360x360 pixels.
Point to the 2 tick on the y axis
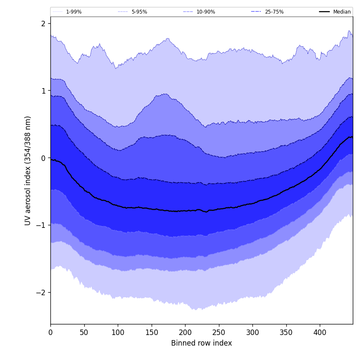(43, 24)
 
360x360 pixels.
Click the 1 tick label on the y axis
(43, 91)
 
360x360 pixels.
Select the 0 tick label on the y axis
(43, 158)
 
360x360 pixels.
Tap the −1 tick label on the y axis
(42, 225)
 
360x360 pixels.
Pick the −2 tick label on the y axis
(42, 293)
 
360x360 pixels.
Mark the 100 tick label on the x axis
(118, 332)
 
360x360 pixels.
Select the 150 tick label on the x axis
(152, 332)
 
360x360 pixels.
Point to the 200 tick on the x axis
(185, 332)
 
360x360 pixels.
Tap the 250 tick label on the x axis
(219, 332)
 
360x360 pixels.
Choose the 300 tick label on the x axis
(252, 332)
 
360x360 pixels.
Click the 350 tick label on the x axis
(286, 332)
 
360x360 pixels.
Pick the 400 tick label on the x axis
(320, 332)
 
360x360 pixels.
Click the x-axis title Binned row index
(202, 343)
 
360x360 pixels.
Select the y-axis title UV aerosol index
(28, 170)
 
